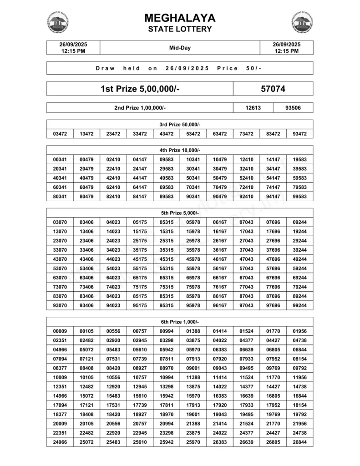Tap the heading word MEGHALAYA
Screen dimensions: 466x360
tap(180, 18)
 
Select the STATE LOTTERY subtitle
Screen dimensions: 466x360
tap(180, 30)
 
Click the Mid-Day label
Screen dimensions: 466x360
tap(180, 47)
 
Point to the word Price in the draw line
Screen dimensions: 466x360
tap(228, 68)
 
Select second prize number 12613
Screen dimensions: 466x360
tap(253, 108)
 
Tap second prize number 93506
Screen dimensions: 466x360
tap(293, 108)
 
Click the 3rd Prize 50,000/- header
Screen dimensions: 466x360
tap(180, 125)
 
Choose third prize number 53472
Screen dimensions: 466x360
tap(193, 134)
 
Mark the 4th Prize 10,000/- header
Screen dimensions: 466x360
tap(180, 150)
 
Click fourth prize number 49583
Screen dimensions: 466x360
tap(167, 178)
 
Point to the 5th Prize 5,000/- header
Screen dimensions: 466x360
tap(180, 213)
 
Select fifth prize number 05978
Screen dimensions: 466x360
tap(193, 222)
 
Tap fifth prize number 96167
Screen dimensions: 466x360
tap(220, 306)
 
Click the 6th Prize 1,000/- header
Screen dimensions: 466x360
tap(180, 321)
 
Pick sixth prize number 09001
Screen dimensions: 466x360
tap(193, 368)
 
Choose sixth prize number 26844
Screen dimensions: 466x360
tap(300, 442)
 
